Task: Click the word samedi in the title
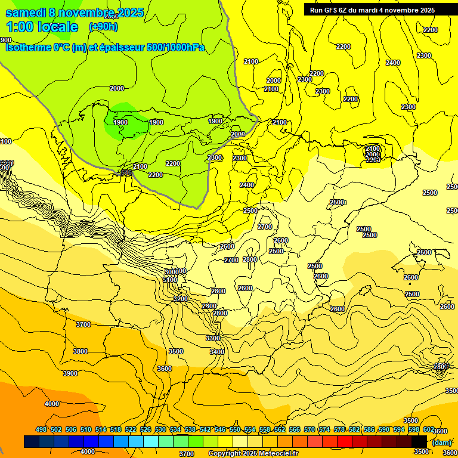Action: click(x=25, y=13)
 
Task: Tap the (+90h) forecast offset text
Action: click(x=103, y=26)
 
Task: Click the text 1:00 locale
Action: click(x=42, y=27)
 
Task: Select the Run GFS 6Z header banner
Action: click(x=372, y=10)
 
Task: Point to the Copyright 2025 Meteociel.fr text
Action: click(x=253, y=453)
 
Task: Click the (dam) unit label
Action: click(x=441, y=442)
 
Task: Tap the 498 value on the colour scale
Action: click(x=41, y=429)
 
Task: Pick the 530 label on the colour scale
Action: click(x=160, y=429)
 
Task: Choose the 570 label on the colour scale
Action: click(x=310, y=429)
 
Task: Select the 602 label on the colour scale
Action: click(x=429, y=429)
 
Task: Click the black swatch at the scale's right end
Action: click(x=419, y=441)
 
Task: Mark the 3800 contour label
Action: click(x=81, y=351)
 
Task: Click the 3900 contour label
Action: click(x=70, y=373)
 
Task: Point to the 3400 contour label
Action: click(x=217, y=352)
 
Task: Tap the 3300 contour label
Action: click(x=213, y=338)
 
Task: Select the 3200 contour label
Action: click(x=181, y=299)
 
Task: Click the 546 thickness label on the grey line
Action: click(x=126, y=172)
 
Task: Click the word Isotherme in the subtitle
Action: click(x=29, y=48)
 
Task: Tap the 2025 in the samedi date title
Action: click(x=130, y=13)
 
